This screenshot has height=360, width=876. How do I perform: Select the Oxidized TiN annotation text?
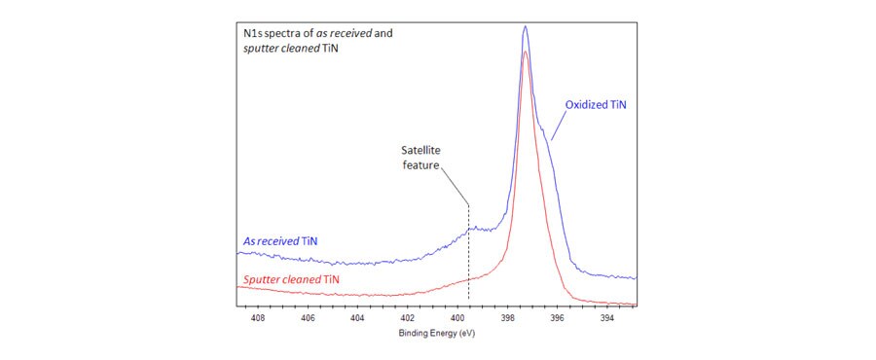[x=596, y=103]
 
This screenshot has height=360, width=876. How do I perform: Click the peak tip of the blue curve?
[x=526, y=26]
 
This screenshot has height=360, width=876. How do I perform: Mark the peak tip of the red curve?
[x=526, y=52]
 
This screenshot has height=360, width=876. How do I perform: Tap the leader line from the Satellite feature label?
[x=456, y=184]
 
